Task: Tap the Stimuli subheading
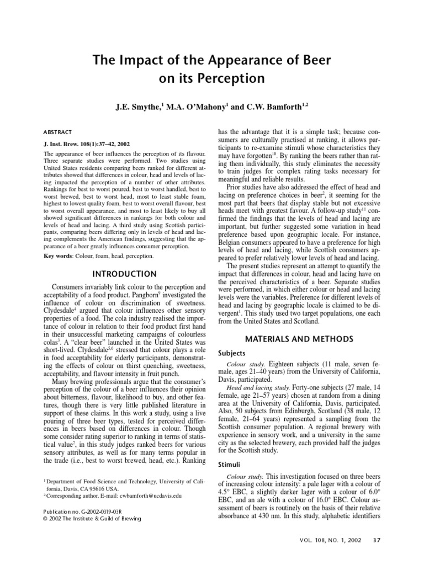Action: click(230, 464)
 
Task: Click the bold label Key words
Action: click(58, 257)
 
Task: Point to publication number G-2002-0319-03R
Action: click(105, 510)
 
